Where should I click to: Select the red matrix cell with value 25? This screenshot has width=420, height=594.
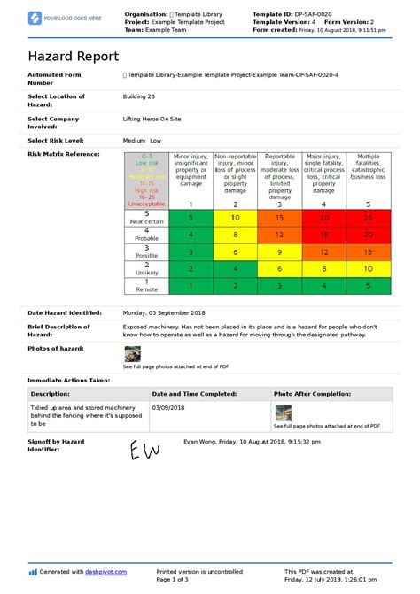[368, 217]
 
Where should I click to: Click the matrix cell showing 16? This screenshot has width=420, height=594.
[323, 235]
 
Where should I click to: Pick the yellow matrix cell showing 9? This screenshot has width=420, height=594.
[279, 252]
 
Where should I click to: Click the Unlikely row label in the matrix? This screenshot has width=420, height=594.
[146, 269]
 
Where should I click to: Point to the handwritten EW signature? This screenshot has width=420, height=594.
[144, 452]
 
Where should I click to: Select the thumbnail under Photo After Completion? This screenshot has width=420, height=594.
[283, 413]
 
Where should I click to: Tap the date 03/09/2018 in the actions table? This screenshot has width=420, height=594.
[170, 408]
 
